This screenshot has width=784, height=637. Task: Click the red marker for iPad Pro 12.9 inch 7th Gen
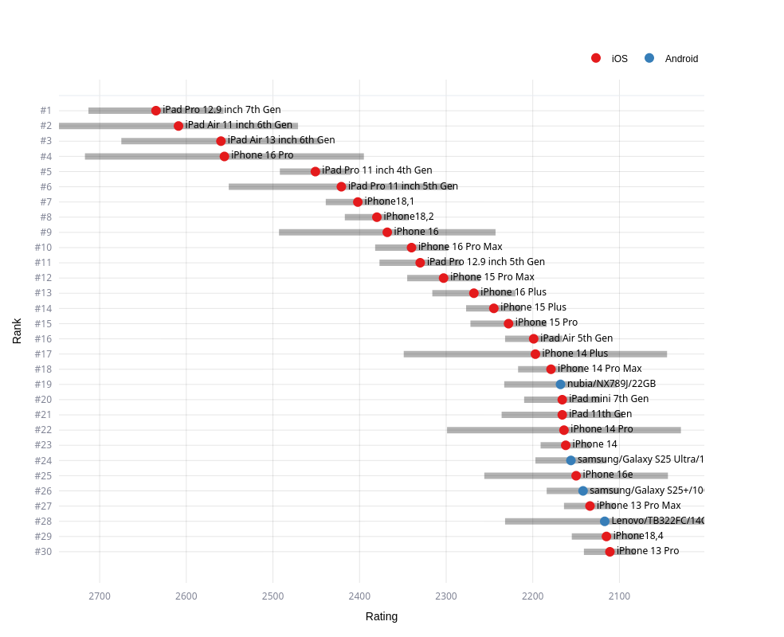point(156,111)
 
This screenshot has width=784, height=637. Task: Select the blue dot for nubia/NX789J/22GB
point(561,385)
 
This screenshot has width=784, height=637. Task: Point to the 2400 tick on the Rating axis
point(359,595)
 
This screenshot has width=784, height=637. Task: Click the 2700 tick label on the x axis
point(100,595)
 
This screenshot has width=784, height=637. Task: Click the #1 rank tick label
point(45,111)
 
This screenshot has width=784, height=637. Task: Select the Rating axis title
point(382,616)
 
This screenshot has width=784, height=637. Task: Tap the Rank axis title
point(17,330)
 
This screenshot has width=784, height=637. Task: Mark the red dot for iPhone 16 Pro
point(225,156)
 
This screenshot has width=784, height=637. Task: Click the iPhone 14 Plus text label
point(574,354)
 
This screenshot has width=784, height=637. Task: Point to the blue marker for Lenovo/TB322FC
point(605,522)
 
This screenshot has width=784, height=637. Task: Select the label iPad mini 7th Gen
point(609,399)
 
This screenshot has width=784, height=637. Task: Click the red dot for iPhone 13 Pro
point(610,552)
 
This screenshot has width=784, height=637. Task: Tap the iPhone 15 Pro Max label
point(492,277)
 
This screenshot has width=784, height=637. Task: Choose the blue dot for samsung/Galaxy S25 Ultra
point(571,460)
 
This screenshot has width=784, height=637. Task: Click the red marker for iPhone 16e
point(576,475)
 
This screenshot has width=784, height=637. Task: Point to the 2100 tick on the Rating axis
point(619,595)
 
